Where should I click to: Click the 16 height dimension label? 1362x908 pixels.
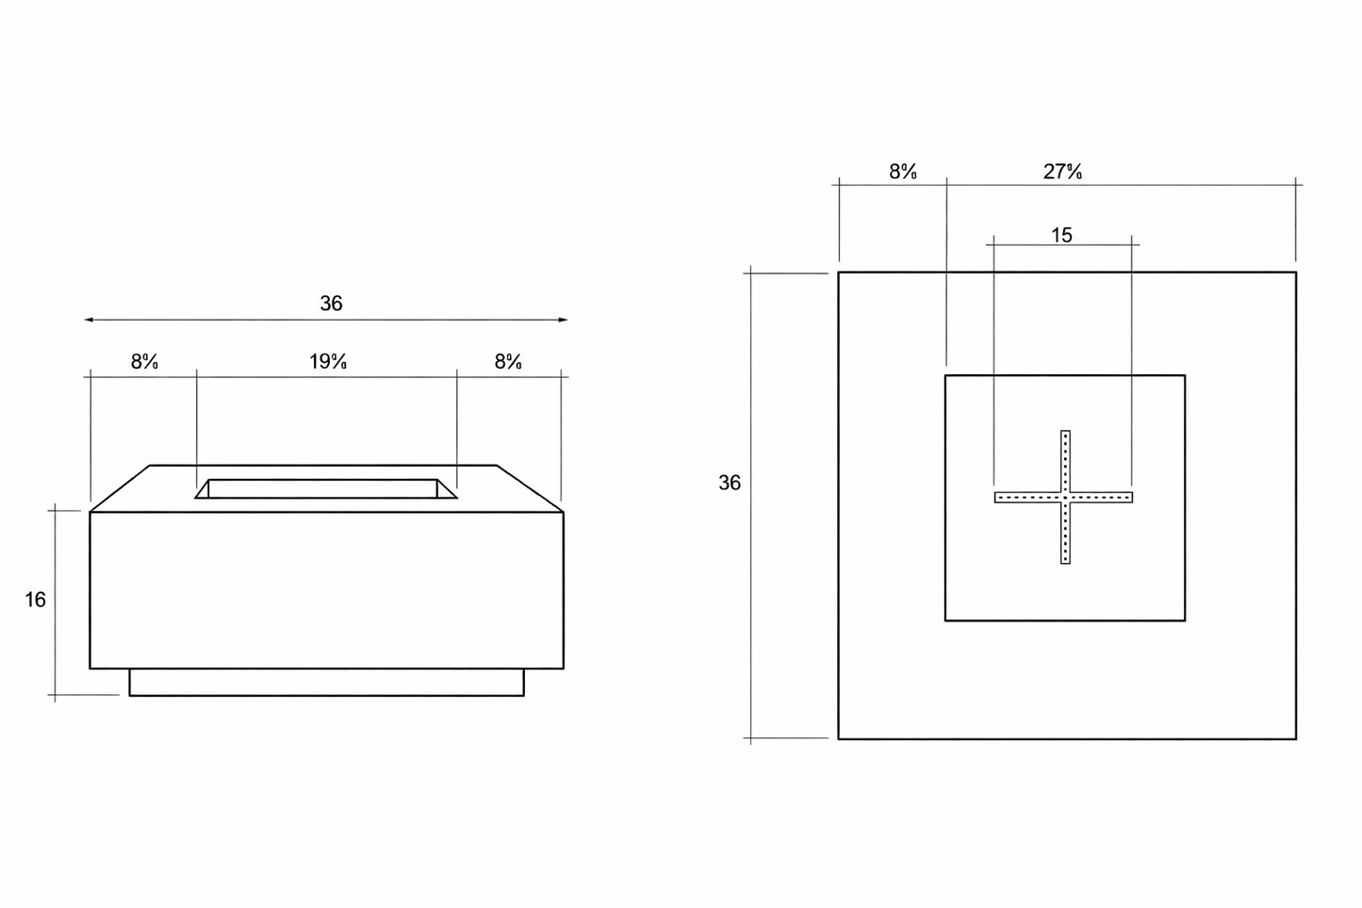click(x=35, y=600)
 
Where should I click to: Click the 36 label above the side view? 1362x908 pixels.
click(x=331, y=304)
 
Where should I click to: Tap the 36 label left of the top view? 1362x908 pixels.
click(x=730, y=483)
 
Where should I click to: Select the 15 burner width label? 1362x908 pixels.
click(x=1061, y=236)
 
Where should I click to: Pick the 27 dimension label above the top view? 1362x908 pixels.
click(x=1062, y=172)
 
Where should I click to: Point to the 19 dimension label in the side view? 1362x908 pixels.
click(x=328, y=361)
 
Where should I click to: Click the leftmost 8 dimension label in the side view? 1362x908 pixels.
click(x=144, y=361)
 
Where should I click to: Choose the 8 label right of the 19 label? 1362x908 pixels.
click(x=508, y=361)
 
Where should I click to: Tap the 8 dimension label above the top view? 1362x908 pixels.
click(x=903, y=172)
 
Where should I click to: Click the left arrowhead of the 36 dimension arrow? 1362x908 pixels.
click(x=88, y=320)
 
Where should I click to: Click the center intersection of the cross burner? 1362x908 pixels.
click(x=1065, y=497)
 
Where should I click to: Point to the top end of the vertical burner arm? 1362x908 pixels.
click(x=1065, y=434)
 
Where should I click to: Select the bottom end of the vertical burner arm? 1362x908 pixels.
click(x=1065, y=561)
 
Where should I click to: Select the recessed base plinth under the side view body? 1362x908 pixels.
click(x=326, y=683)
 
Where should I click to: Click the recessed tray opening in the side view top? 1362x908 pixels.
click(x=325, y=488)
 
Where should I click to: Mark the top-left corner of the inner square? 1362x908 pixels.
click(x=945, y=375)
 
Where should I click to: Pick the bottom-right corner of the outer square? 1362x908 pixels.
click(x=1296, y=738)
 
